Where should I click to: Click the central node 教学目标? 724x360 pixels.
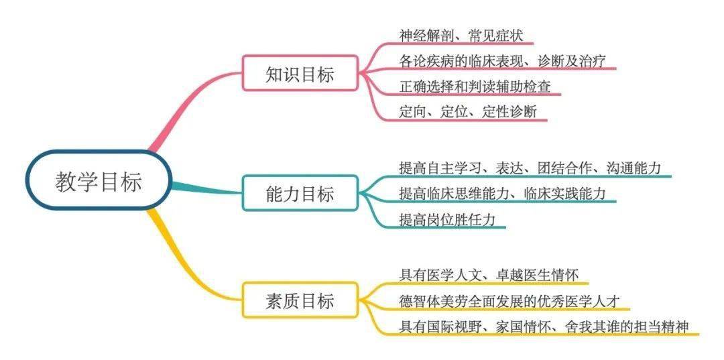(99, 180)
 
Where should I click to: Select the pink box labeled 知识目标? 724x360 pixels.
(300, 73)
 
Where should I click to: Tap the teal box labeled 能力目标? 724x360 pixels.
(300, 193)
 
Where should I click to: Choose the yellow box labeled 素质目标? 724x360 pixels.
(300, 300)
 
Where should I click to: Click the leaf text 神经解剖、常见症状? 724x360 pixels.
(461, 35)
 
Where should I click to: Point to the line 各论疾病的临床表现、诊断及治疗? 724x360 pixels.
(502, 61)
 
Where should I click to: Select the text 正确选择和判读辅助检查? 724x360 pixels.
(475, 86)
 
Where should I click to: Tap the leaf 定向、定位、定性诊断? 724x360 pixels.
(468, 112)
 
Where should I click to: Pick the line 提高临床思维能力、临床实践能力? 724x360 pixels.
(502, 193)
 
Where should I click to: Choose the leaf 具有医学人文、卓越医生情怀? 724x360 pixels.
(489, 276)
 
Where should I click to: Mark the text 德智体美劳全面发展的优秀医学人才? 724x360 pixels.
(509, 301)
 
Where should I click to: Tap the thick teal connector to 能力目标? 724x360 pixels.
(207, 189)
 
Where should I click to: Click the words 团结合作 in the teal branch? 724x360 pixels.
(564, 168)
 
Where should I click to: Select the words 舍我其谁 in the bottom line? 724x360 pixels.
(593, 326)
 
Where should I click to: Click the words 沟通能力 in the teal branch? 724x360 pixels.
(633, 168)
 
